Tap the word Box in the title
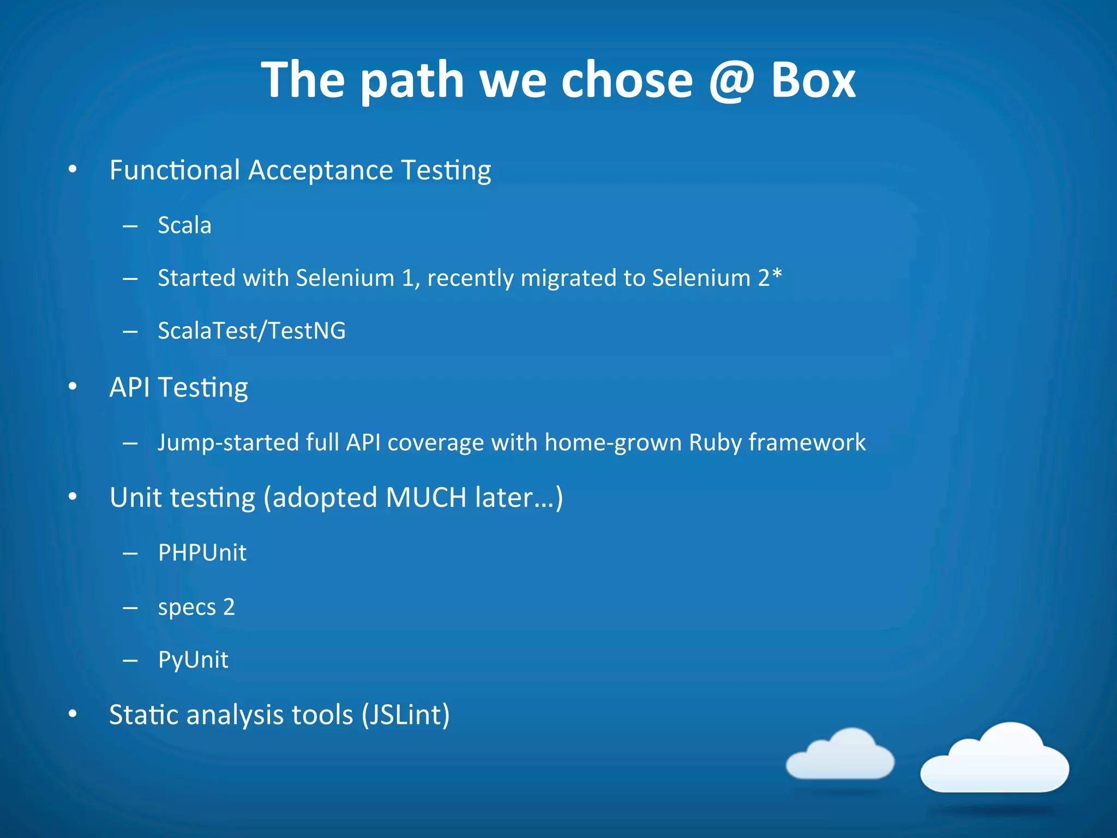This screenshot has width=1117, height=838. (813, 81)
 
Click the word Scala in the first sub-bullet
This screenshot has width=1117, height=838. (184, 225)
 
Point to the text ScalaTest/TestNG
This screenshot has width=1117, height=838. (251, 331)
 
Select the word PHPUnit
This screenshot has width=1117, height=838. (202, 553)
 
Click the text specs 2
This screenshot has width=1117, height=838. (196, 607)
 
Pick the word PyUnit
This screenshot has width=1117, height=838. (193, 660)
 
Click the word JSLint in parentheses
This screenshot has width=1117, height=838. (406, 715)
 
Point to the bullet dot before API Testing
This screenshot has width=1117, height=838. (73, 387)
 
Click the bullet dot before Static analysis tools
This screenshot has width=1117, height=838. (73, 714)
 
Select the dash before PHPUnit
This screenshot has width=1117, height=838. (130, 554)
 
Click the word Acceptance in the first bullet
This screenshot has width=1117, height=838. (321, 170)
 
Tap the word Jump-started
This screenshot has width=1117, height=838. (227, 442)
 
